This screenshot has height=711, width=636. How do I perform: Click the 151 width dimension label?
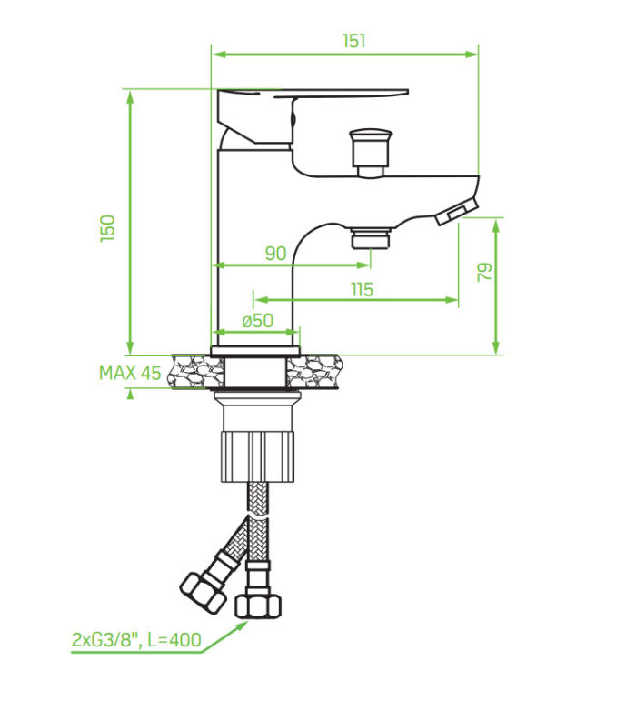coord(353,41)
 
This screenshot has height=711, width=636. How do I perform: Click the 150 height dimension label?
coord(108,228)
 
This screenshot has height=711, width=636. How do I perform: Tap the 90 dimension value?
coord(276,254)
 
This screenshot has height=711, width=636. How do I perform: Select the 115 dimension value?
coord(362,289)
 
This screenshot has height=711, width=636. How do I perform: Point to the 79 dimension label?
coord(484,272)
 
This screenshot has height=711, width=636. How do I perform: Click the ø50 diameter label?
coord(258,321)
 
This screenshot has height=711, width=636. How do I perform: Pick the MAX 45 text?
coord(130,373)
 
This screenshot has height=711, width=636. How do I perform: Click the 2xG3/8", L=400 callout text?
coord(136,640)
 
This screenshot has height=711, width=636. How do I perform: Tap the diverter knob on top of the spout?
coord(370,153)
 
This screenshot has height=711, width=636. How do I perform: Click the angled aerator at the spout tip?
coord(457,212)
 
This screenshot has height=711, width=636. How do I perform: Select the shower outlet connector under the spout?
coord(371,238)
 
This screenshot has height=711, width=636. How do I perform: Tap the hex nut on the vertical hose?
coord(257,606)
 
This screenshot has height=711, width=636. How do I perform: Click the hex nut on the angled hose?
coord(204,592)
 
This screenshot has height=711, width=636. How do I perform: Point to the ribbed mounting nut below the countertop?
coord(257,456)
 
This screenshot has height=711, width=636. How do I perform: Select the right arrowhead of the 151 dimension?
coord(472,55)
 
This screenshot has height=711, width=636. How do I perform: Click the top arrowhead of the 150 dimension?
coord(131,96)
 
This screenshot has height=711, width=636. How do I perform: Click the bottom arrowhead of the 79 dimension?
coord(496,347)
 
